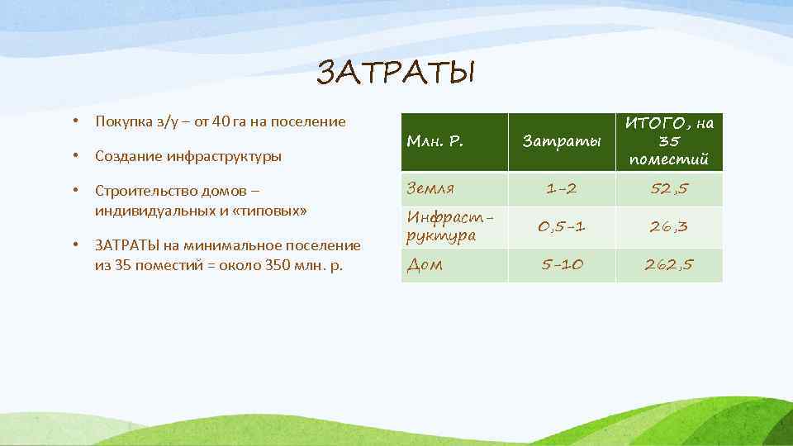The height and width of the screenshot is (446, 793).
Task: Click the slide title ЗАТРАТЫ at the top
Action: (x=396, y=74)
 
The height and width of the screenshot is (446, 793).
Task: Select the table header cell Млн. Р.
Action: (x=434, y=141)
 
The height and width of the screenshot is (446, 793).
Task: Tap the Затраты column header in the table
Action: (x=561, y=142)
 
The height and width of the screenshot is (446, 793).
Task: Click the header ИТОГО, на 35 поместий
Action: (x=669, y=141)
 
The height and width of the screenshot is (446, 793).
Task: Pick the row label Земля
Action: (x=431, y=189)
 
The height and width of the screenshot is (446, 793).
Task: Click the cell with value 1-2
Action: (x=561, y=189)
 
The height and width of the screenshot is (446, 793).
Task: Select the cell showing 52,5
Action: (x=669, y=189)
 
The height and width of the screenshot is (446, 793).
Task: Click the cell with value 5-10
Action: (x=561, y=265)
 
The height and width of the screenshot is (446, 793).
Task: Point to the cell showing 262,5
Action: (x=669, y=265)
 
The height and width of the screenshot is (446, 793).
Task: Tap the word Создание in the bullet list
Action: (x=128, y=156)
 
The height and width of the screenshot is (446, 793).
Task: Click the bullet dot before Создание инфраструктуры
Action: (x=75, y=156)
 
